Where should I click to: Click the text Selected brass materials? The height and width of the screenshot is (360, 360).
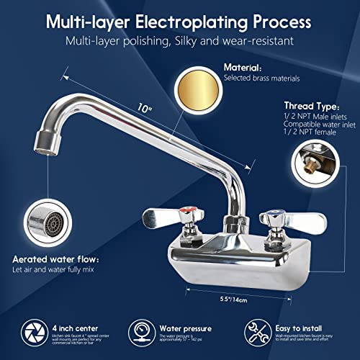260,77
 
